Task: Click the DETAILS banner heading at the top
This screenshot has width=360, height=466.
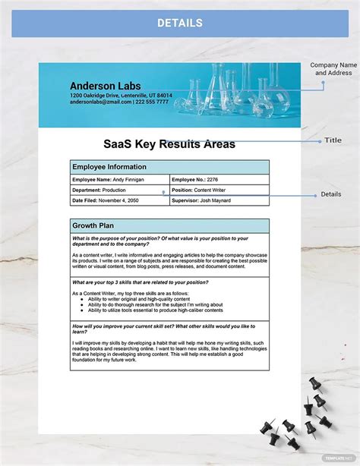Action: point(180,23)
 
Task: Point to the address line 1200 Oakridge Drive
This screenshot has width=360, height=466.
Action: point(121,96)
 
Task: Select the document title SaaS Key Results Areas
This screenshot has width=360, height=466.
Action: point(169,143)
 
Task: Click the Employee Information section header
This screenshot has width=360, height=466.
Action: point(109,167)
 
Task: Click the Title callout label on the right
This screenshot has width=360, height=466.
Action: point(333,140)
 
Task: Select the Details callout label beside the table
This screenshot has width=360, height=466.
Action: point(331,194)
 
